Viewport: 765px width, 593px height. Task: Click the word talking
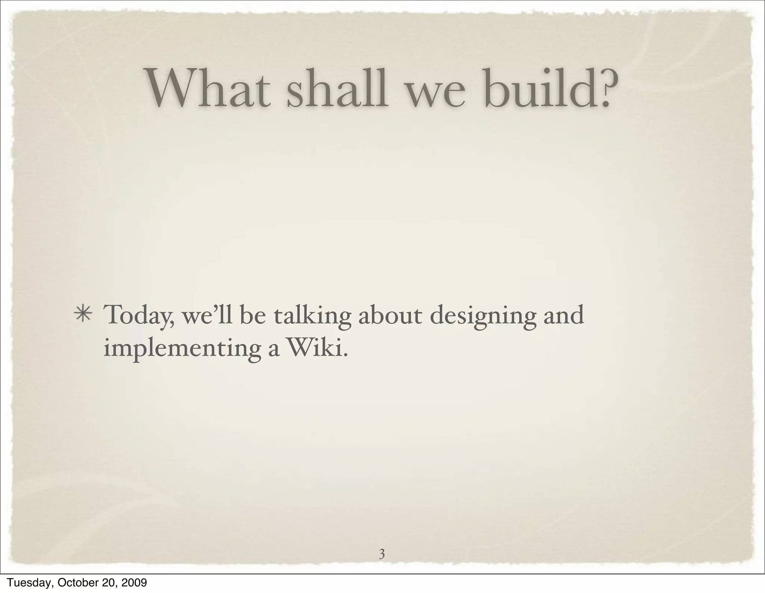pyautogui.click(x=312, y=316)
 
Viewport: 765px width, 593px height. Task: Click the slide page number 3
pyautogui.click(x=382, y=554)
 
